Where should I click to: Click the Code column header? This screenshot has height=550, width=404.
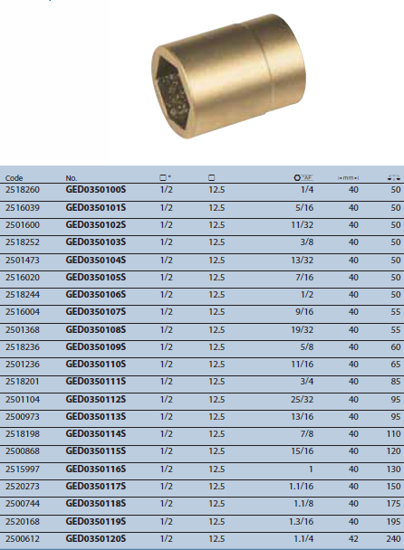tap(14, 178)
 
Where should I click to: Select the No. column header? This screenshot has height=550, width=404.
tap(72, 178)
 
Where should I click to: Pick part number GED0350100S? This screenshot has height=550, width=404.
tap(96, 191)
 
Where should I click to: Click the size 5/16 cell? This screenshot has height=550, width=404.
tap(304, 208)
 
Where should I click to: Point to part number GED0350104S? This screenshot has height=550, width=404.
tap(96, 261)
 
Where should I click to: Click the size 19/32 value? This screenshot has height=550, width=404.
tap(303, 329)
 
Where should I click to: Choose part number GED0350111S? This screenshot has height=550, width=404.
tap(96, 382)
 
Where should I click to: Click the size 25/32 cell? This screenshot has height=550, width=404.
tap(303, 399)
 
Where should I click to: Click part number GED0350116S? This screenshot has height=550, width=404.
tap(96, 469)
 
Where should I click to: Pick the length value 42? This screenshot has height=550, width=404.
tap(352, 538)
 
